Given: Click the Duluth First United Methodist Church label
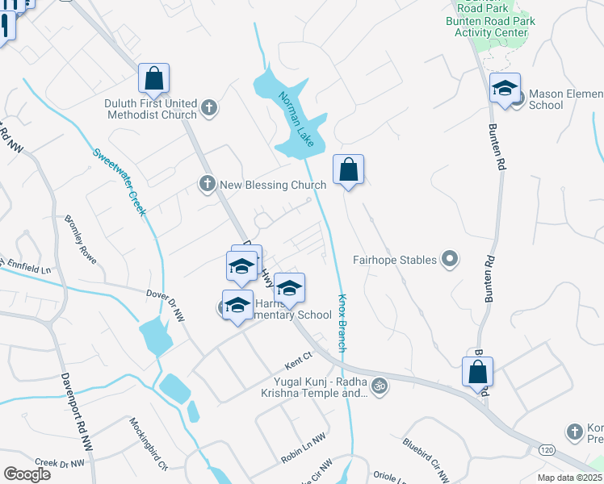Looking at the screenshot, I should [x=150, y=109].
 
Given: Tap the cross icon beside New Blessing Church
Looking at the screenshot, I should [x=207, y=185].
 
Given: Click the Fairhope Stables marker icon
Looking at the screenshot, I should [x=451, y=260].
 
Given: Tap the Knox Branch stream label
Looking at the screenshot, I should [x=342, y=322].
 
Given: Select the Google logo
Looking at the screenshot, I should [x=27, y=474].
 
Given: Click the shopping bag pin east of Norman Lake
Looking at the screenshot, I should [x=348, y=169].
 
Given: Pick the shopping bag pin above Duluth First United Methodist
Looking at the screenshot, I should [x=153, y=78].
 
